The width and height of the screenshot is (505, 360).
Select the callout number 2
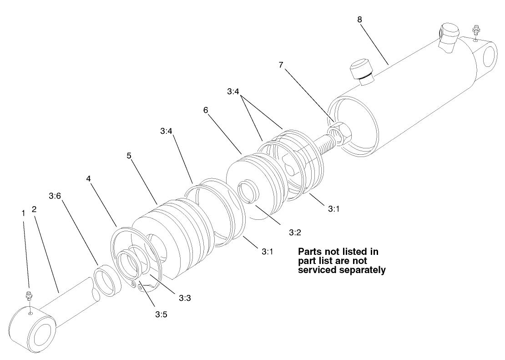(x=34, y=209)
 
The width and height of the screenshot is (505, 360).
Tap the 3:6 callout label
(x=55, y=196)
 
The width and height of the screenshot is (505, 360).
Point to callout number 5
(x=129, y=156)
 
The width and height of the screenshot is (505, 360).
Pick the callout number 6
(x=206, y=111)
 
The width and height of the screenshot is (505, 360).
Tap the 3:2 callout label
(x=295, y=232)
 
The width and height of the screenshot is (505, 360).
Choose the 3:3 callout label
(x=184, y=299)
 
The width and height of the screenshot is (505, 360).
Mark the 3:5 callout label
(x=161, y=314)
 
